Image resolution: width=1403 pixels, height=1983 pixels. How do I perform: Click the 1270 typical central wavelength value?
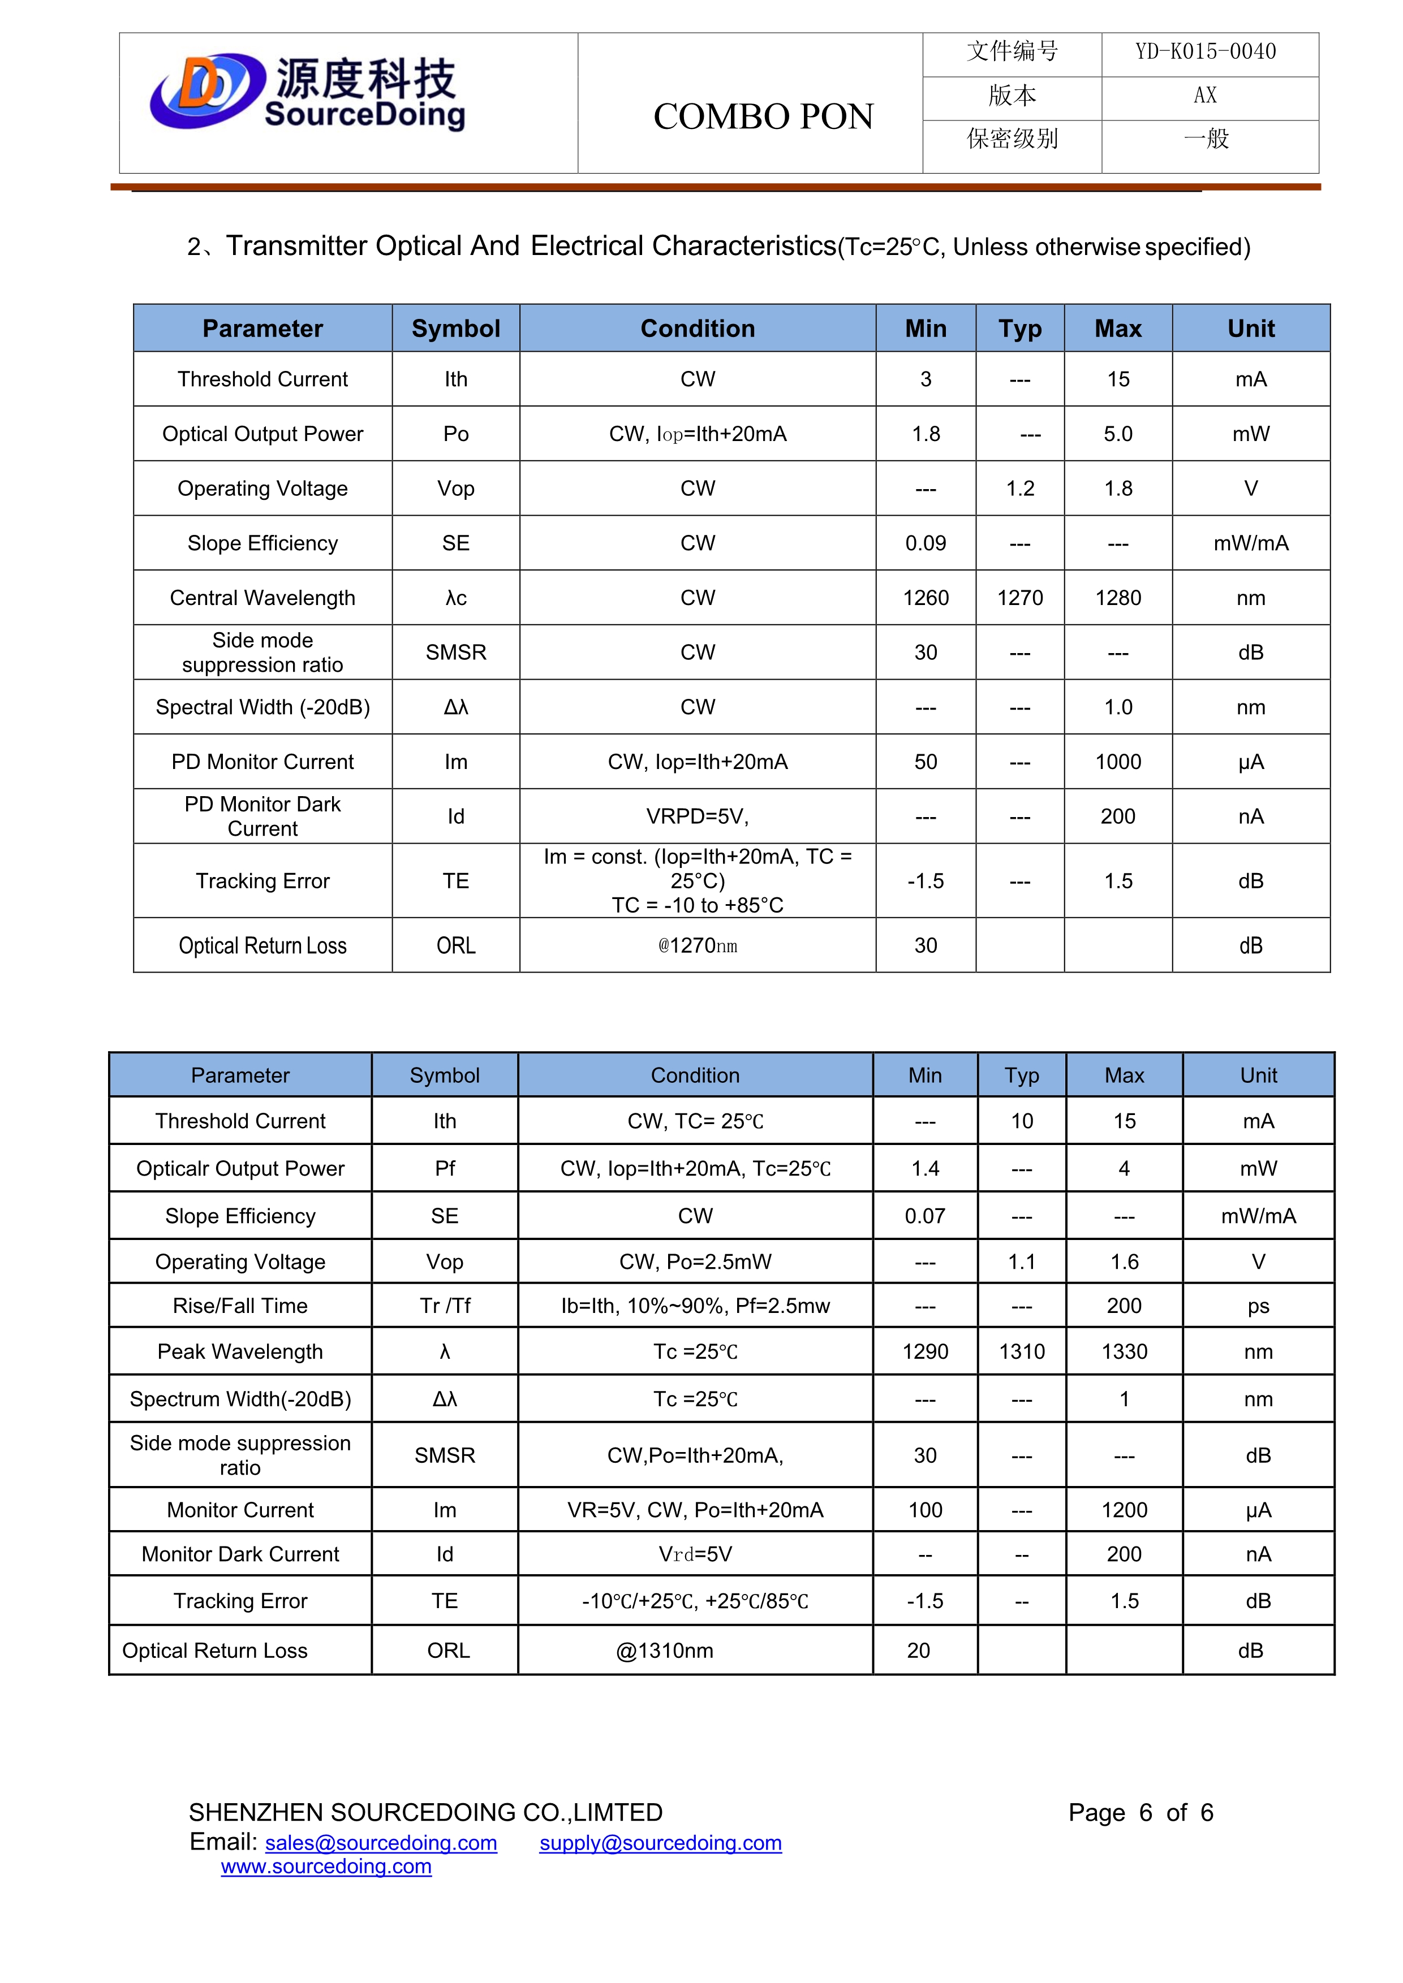click(1019, 598)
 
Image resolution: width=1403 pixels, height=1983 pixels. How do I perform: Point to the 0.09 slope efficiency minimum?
click(926, 543)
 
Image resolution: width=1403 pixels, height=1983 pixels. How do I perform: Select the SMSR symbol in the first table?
click(455, 652)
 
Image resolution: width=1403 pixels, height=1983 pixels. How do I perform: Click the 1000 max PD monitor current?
click(1118, 762)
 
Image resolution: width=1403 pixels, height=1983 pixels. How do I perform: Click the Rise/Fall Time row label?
click(240, 1306)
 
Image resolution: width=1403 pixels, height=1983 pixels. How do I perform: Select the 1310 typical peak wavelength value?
click(1022, 1351)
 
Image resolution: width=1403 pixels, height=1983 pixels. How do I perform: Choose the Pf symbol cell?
click(444, 1169)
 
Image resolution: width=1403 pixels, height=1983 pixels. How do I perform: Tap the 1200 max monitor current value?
click(1124, 1510)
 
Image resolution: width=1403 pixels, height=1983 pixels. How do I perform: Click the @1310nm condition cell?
click(664, 1651)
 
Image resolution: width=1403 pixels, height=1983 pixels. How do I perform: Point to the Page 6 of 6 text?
click(1141, 1812)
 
